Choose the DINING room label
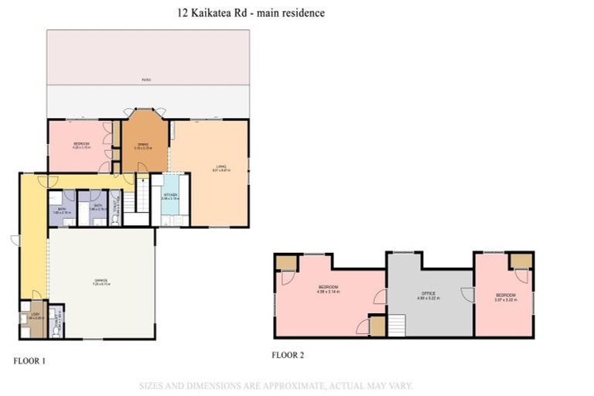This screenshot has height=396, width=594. [x=144, y=145]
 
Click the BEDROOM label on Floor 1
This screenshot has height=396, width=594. [x=82, y=145]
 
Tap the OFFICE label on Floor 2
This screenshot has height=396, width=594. [x=428, y=294]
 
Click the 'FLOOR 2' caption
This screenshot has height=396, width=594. [x=288, y=355]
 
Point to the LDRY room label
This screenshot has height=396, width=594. [x=32, y=314]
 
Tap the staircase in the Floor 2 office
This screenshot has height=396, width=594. [x=397, y=325]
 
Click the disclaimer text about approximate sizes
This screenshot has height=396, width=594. [x=276, y=384]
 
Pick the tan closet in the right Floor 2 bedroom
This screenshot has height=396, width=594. [x=521, y=261]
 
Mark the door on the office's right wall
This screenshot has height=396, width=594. [x=467, y=294]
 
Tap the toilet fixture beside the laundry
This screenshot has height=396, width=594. [x=54, y=328]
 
